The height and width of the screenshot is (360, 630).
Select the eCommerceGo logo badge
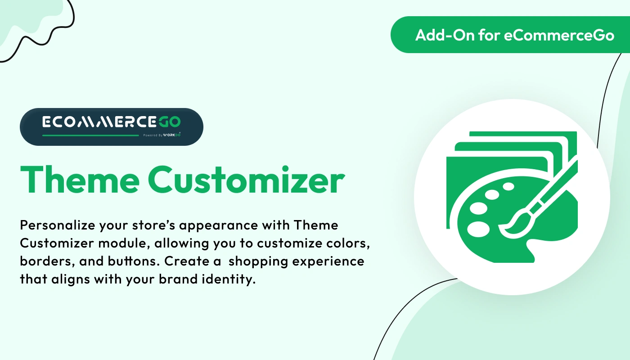[x=111, y=126]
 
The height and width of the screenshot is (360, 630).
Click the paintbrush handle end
[x=575, y=162]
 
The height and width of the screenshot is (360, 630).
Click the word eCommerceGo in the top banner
[x=559, y=35]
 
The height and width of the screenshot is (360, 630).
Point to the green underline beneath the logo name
[x=90, y=135]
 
